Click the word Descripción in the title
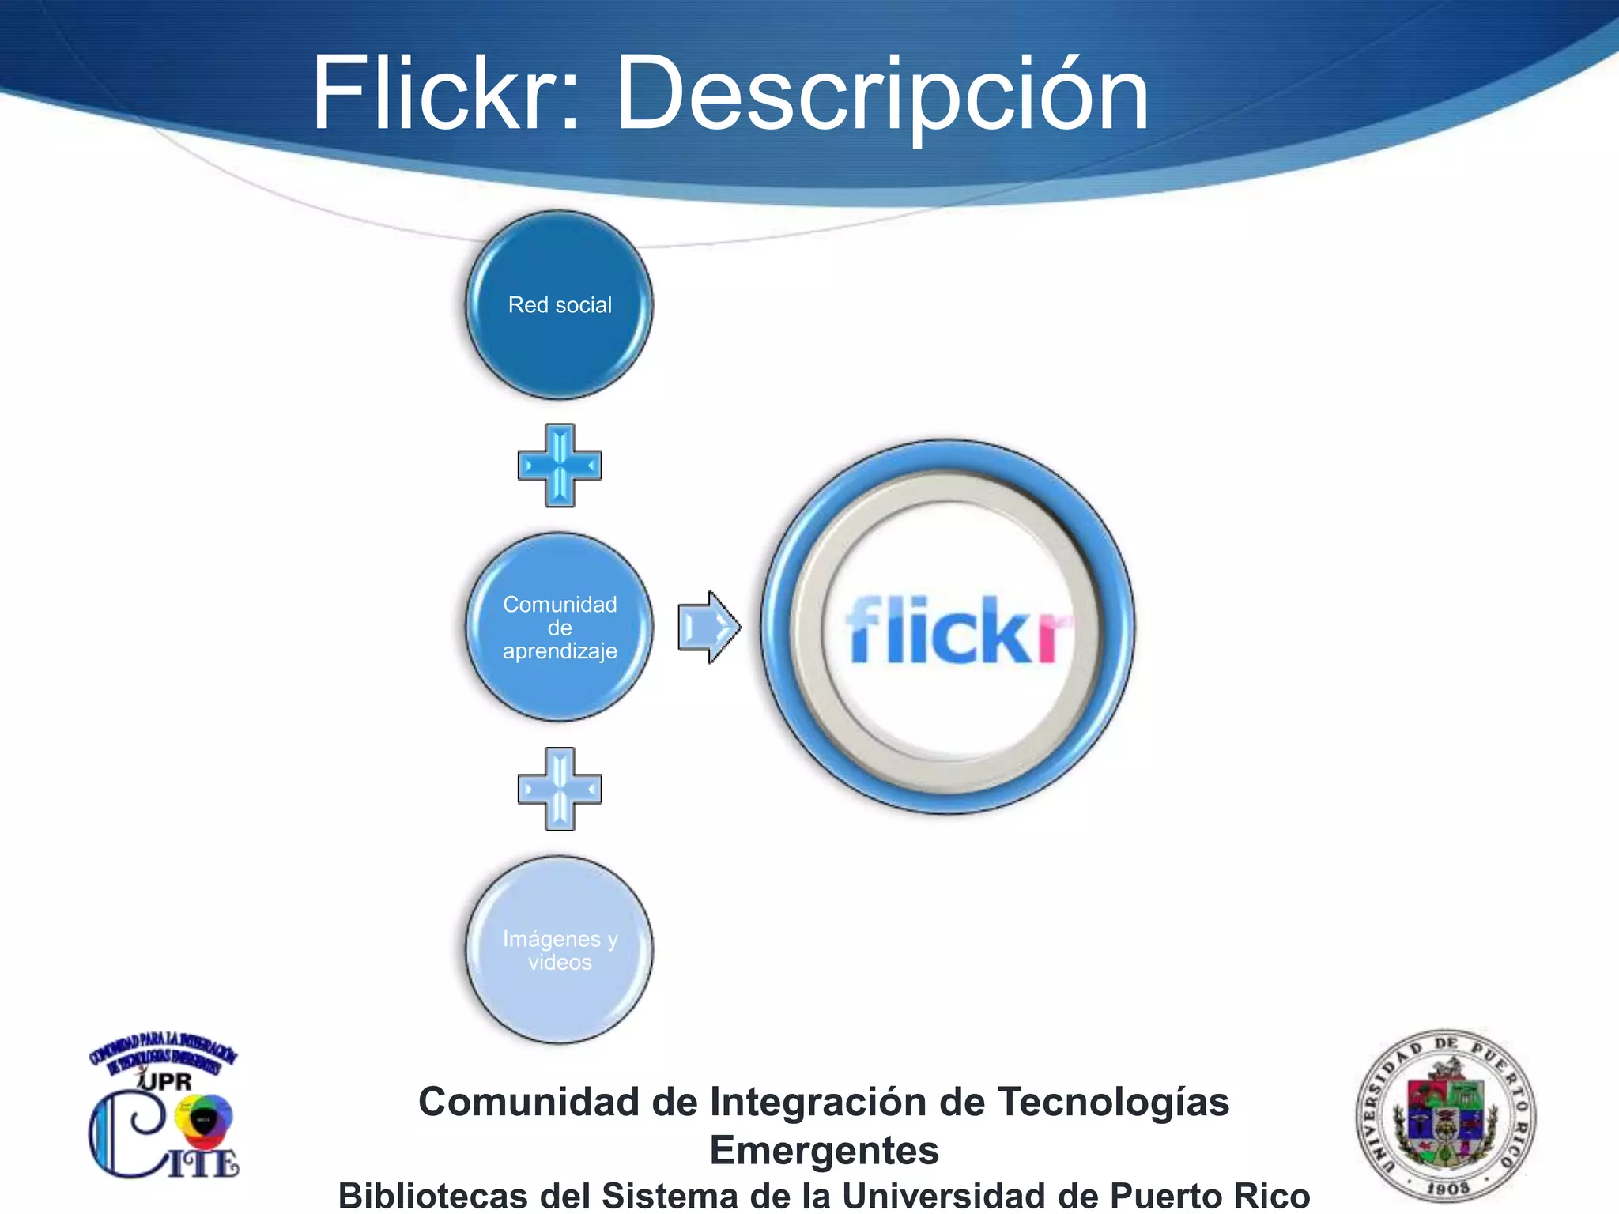click(x=881, y=96)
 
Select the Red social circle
click(x=560, y=305)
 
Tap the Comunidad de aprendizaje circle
click(x=560, y=627)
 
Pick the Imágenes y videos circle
click(x=560, y=949)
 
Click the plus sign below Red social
click(x=560, y=466)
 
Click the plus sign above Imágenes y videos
click(x=560, y=789)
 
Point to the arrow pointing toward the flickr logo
click(x=708, y=627)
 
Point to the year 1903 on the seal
click(x=1447, y=1188)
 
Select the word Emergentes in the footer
click(x=824, y=1150)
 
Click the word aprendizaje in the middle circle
click(x=560, y=651)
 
